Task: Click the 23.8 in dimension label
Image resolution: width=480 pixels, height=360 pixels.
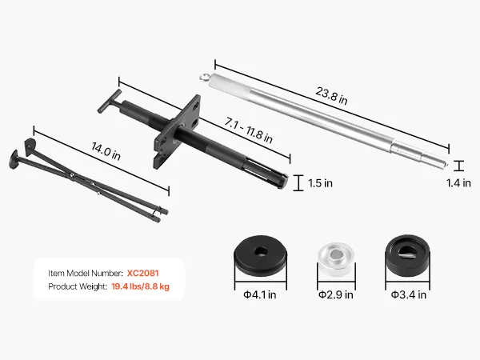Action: pos(331,96)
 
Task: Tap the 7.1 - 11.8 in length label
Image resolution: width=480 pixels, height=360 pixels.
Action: pos(248,130)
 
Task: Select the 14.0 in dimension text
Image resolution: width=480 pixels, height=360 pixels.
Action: pos(106,151)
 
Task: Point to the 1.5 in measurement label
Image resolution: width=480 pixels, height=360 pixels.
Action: pos(320,183)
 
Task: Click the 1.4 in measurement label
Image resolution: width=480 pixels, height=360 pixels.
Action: pos(458,183)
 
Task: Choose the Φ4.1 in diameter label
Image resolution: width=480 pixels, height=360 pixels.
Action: pos(259,294)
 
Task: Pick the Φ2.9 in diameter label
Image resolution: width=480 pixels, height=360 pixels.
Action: pos(335,294)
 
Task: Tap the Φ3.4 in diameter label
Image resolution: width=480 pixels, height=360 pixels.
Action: pos(408,294)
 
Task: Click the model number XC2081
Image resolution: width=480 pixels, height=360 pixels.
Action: pos(143,273)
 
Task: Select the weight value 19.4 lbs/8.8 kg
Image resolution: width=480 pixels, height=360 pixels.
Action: pos(140,286)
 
